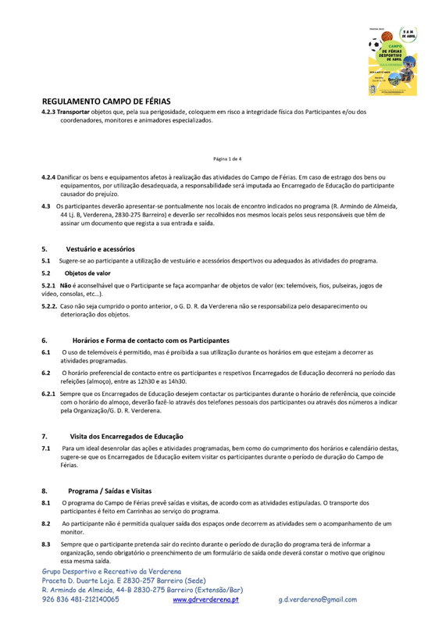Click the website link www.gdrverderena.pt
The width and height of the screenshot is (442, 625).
pos(205,599)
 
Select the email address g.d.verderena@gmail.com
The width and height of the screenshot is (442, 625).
pos(317,599)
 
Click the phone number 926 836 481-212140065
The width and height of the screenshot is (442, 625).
pos(80,599)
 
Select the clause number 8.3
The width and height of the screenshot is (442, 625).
pos(46,543)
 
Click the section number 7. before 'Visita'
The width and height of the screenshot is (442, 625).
pos(45,434)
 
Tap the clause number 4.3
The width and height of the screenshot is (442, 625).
pos(46,205)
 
